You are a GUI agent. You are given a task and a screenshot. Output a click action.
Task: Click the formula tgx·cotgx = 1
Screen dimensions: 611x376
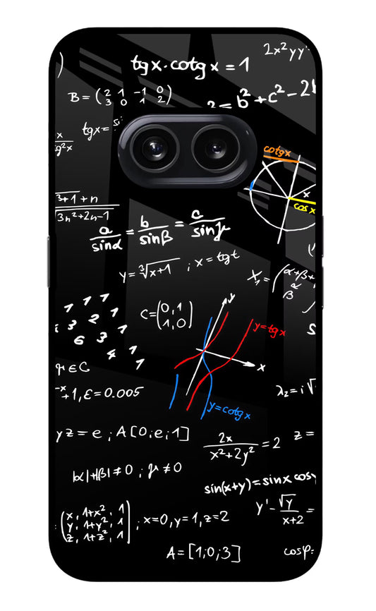[x=190, y=65]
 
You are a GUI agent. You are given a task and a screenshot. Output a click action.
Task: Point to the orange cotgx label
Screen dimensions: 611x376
[x=277, y=151]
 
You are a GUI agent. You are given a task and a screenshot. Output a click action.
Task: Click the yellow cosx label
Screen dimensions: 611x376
[x=304, y=208]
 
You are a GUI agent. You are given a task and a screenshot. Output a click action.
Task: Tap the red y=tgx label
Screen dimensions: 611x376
[x=269, y=328]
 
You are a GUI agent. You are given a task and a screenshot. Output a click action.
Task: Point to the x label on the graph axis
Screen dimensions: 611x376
[x=262, y=366]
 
